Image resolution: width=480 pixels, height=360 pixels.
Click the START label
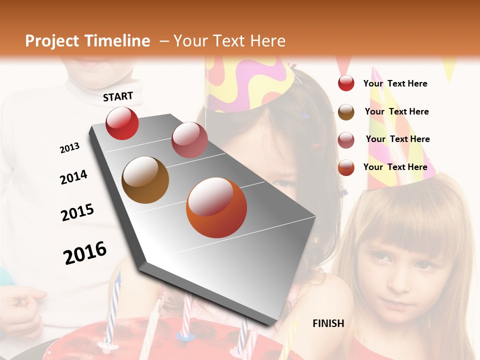click(x=118, y=96)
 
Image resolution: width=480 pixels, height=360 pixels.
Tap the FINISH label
click(x=328, y=323)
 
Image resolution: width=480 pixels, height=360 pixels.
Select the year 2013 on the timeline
click(x=69, y=148)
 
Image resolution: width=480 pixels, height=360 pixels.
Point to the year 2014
click(x=73, y=177)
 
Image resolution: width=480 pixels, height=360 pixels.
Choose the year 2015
click(x=77, y=212)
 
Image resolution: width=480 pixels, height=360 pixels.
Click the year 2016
click(x=85, y=252)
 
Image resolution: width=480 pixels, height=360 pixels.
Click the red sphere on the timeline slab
click(x=122, y=123)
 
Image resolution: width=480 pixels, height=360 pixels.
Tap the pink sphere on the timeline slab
click(x=189, y=139)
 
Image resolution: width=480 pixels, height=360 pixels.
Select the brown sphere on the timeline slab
click(x=145, y=180)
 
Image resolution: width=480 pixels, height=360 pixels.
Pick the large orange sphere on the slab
click(x=216, y=207)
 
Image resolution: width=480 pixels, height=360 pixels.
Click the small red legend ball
click(x=346, y=83)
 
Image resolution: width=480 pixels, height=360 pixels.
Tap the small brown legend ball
click(x=346, y=111)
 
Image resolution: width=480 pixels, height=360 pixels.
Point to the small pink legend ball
click(x=346, y=139)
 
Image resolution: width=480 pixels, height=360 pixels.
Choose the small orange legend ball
click(x=346, y=167)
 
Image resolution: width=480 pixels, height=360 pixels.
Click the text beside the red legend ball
click(x=395, y=83)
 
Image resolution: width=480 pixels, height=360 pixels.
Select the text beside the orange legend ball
click(x=395, y=167)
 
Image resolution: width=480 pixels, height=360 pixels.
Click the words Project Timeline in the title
click(x=87, y=41)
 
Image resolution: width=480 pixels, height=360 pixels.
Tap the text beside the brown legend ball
click(x=396, y=111)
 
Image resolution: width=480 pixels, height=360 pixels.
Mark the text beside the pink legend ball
click(x=397, y=139)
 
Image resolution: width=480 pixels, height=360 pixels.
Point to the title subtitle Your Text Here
click(x=229, y=41)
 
